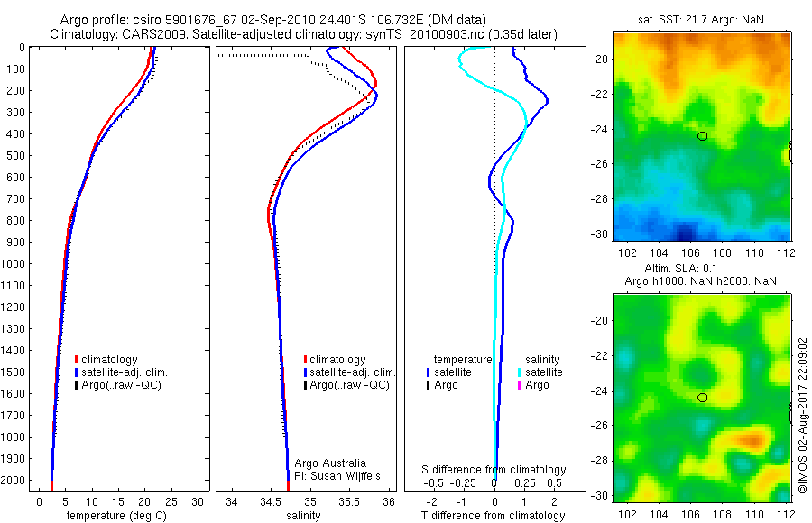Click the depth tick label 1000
point(13,264)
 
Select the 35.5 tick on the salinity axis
point(349,501)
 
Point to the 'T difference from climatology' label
point(494,516)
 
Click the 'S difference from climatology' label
point(494,470)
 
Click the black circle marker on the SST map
point(703,136)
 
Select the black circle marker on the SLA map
point(703,398)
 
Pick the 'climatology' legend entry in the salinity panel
point(335,360)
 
